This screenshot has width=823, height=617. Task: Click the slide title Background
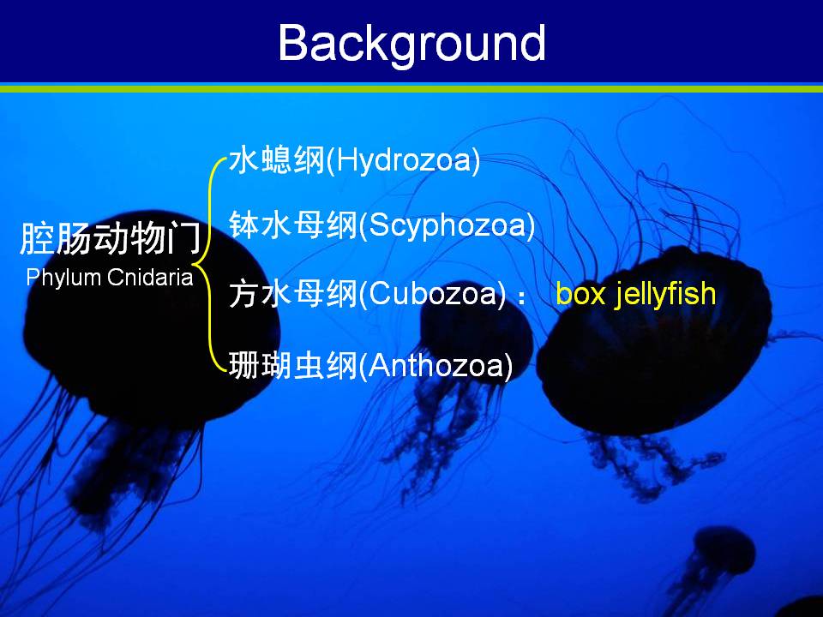tap(412, 44)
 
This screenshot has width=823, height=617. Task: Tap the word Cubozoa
tap(432, 293)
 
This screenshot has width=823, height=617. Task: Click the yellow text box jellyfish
tap(635, 294)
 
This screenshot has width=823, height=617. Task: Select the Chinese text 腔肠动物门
tap(111, 239)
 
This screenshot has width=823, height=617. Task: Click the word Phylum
tap(63, 278)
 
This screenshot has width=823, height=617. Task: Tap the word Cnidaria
tap(150, 277)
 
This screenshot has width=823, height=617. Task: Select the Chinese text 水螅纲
tap(277, 159)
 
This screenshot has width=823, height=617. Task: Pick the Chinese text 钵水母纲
tap(293, 225)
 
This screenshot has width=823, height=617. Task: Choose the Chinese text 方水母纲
tap(293, 293)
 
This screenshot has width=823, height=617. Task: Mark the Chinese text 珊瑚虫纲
tap(293, 365)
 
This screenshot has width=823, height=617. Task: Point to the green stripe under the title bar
tap(411, 89)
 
